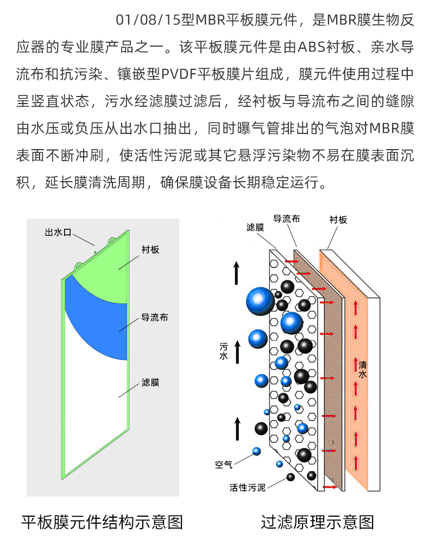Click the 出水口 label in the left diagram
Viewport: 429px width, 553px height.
click(58, 233)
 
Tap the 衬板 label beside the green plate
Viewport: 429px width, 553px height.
click(150, 249)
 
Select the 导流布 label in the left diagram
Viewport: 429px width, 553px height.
click(154, 317)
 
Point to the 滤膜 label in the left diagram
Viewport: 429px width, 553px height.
click(150, 382)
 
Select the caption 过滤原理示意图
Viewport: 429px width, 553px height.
click(318, 522)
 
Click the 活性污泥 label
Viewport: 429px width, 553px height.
click(248, 488)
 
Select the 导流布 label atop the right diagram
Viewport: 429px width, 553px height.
click(286, 219)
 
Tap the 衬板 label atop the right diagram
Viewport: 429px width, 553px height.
click(338, 220)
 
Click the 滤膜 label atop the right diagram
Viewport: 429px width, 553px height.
click(255, 228)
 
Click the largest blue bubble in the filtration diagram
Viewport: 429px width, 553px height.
click(260, 300)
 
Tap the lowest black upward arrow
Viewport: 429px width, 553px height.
click(237, 428)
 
